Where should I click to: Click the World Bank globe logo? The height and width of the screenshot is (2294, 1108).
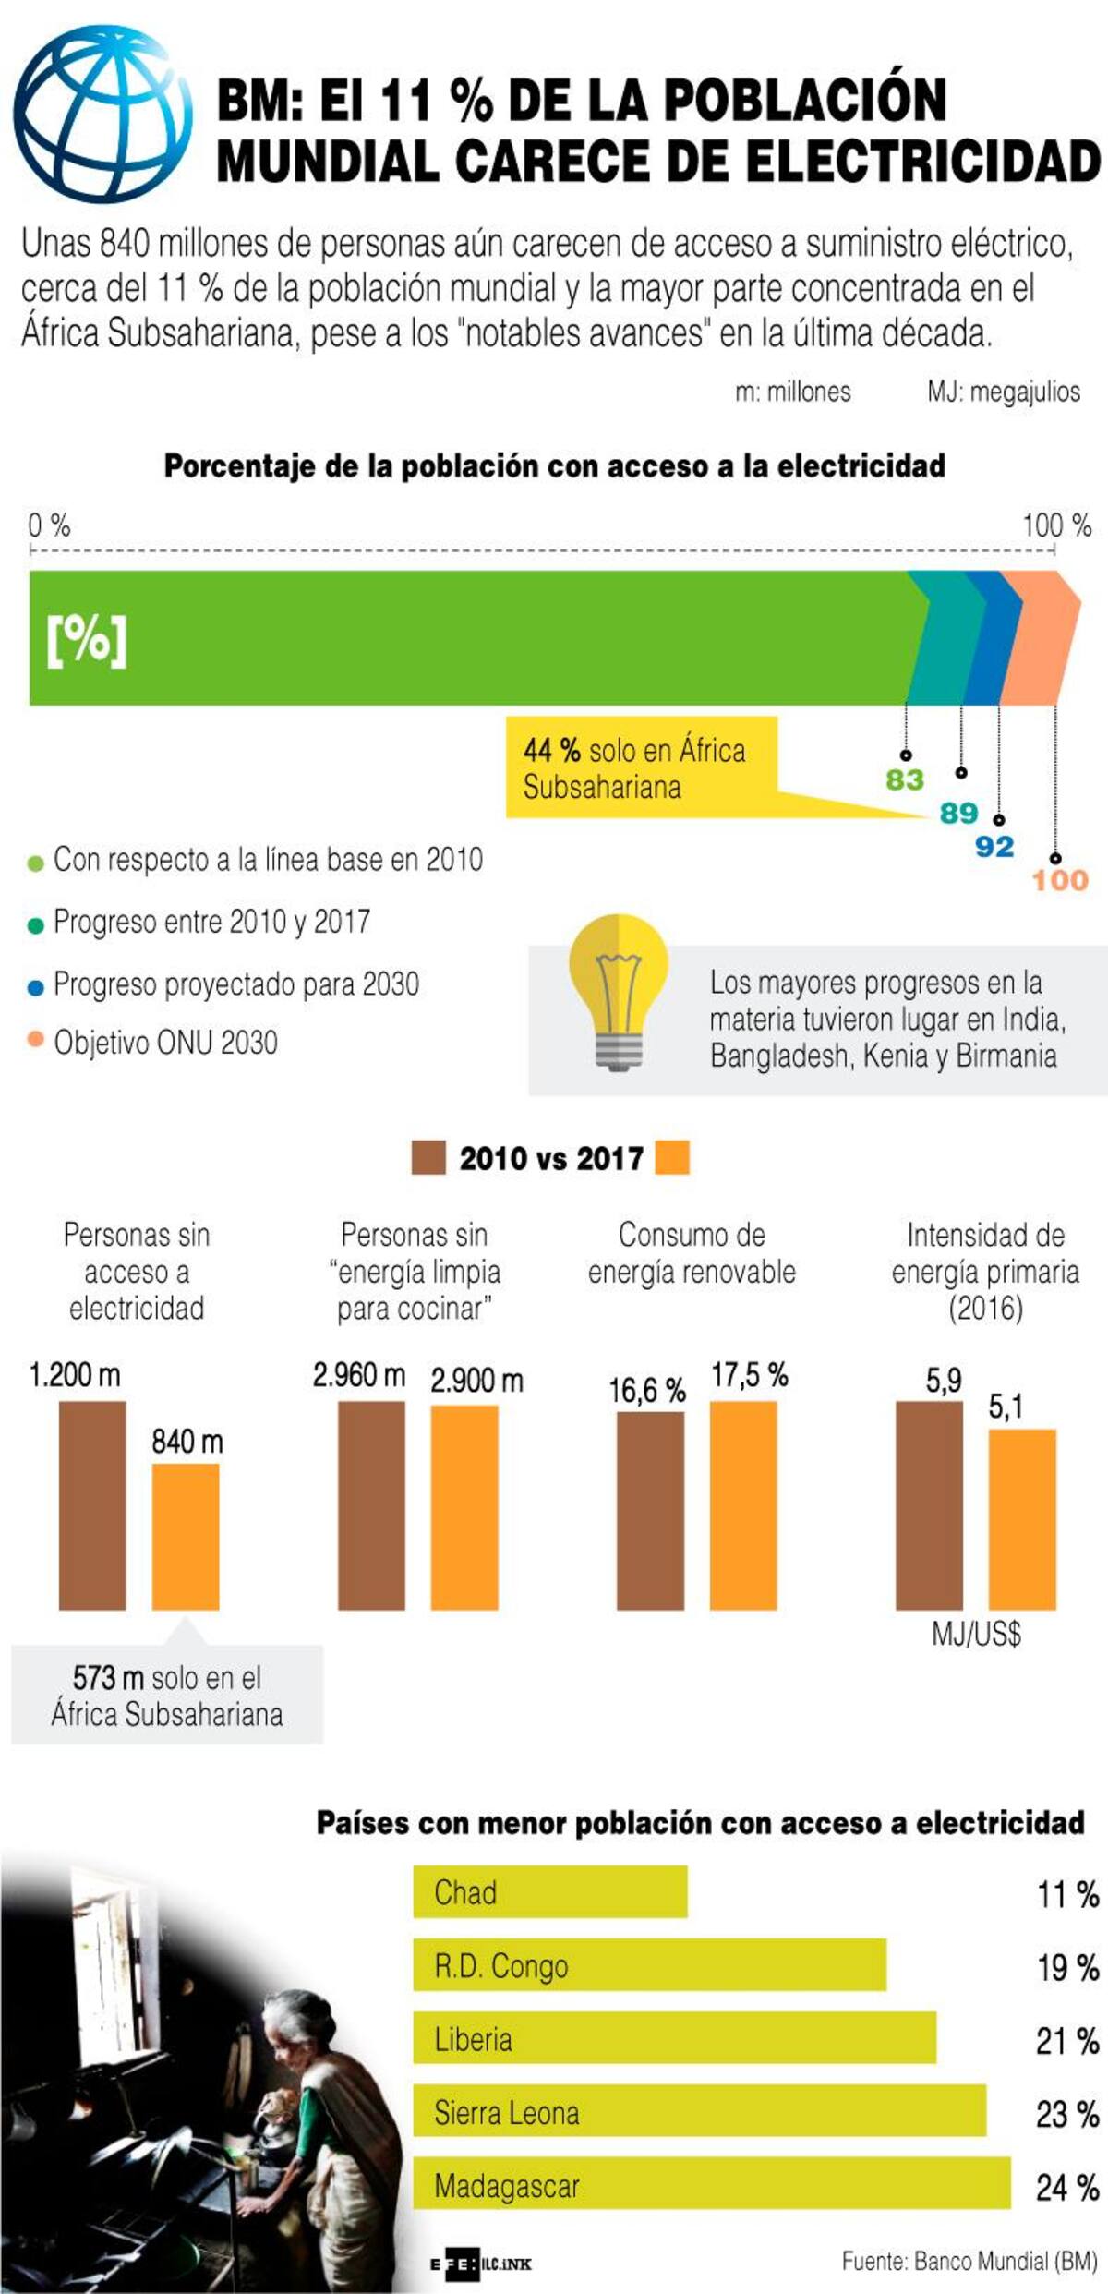tap(102, 114)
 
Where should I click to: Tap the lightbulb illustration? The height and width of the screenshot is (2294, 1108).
tap(618, 988)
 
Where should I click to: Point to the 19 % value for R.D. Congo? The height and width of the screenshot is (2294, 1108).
tap(1066, 1967)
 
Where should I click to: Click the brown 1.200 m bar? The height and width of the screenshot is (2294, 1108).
tap(92, 1504)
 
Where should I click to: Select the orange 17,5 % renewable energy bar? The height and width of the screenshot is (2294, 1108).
tap(743, 1504)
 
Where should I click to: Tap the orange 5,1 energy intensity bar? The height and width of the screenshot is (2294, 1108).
tap(1022, 1519)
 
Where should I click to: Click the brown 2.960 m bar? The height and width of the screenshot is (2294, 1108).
tap(371, 1504)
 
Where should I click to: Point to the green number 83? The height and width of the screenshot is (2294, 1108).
tap(905, 780)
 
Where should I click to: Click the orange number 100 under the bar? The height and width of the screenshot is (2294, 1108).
tap(1060, 880)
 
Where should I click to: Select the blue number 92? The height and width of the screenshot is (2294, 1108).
tap(994, 847)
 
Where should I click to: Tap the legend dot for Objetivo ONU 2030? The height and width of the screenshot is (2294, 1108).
tap(36, 1040)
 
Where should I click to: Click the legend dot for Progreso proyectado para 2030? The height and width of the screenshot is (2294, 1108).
tap(36, 987)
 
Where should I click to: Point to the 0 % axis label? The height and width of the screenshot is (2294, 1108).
tap(49, 525)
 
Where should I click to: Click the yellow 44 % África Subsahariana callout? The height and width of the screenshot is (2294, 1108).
tap(641, 767)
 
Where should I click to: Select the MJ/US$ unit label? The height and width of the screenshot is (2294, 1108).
tap(976, 1635)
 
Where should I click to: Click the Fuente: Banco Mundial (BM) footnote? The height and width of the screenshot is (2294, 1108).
tap(969, 2261)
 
